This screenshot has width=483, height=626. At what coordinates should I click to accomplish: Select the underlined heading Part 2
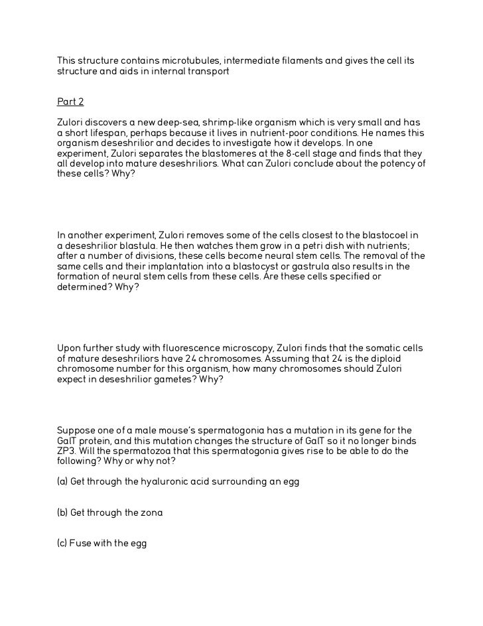(x=70, y=102)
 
